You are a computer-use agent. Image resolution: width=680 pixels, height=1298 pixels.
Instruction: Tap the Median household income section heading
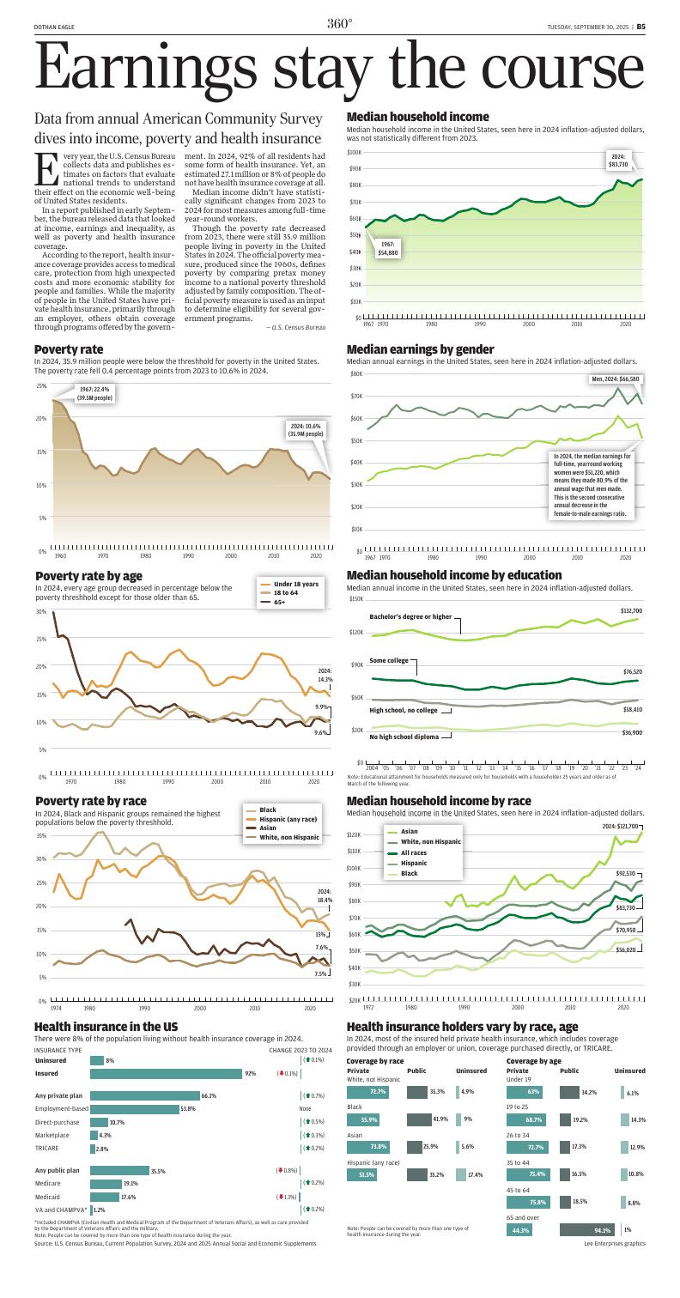pos(417,117)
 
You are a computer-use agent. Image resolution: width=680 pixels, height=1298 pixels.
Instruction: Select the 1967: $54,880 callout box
pos(388,249)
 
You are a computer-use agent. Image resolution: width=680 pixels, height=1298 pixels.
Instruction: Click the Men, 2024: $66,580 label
pos(616,379)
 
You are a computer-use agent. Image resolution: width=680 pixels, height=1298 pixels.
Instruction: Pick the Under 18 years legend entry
pos(295,584)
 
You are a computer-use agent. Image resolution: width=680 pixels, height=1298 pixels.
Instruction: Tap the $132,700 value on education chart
pos(631,610)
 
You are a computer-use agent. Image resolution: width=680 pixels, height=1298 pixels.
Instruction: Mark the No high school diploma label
pos(404,737)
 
